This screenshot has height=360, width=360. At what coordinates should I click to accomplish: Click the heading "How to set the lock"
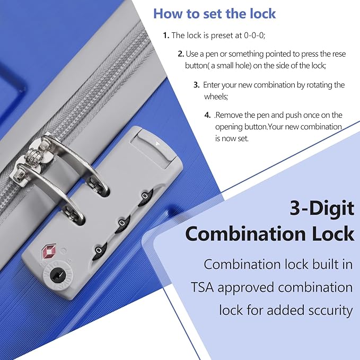[214, 14]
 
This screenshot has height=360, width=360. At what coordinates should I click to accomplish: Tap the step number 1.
[166, 36]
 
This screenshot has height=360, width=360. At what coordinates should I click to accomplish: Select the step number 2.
[181, 54]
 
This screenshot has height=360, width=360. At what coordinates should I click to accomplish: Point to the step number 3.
[196, 85]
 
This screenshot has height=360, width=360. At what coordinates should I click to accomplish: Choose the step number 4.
[207, 115]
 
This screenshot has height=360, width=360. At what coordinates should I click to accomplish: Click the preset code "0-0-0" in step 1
[254, 36]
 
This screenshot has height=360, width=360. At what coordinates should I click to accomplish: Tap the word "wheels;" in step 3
[216, 96]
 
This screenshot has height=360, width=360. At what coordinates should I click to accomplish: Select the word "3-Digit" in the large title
[322, 208]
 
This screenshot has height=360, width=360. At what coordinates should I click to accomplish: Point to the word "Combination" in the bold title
[245, 234]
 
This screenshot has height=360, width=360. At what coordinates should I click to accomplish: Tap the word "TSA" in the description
[203, 287]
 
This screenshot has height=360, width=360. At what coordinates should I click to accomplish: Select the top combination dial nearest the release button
[145, 197]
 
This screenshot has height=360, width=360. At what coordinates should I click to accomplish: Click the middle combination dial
[122, 223]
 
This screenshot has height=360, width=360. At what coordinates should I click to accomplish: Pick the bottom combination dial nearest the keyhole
[99, 250]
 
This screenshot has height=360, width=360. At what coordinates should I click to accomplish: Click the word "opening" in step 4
[229, 127]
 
